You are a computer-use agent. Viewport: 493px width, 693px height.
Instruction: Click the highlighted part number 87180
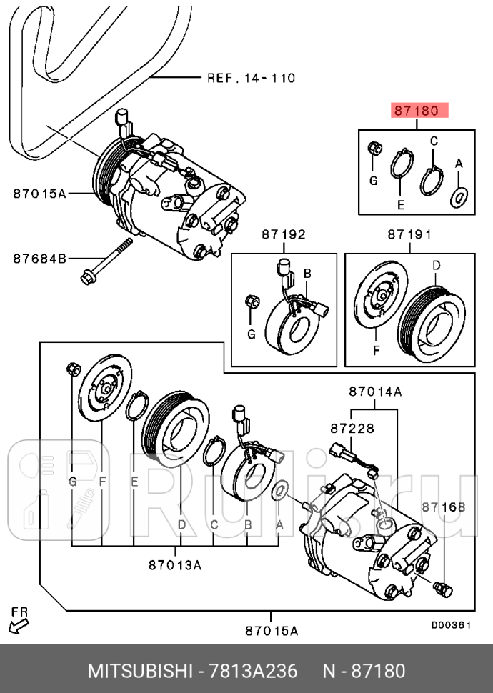418,111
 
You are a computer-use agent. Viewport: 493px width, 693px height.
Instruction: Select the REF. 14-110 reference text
250,78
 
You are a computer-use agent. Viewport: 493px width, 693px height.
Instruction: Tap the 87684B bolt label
39,258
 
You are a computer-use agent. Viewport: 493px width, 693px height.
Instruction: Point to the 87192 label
283,234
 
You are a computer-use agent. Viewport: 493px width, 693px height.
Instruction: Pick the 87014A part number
375,391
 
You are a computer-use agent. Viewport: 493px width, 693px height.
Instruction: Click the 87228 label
352,428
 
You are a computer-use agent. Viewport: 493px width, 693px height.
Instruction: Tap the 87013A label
175,565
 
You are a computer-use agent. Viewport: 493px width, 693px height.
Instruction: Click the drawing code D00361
451,625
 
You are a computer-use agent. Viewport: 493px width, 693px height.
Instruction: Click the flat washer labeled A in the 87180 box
459,196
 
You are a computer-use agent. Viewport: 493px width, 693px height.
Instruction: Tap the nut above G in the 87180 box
373,150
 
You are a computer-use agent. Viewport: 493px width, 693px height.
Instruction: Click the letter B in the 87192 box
307,273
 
